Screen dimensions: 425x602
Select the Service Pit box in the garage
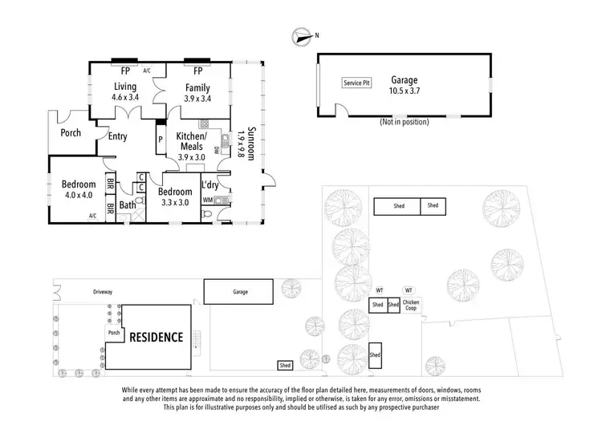[357, 83]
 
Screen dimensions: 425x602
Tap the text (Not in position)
[403, 122]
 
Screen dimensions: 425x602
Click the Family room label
[197, 87]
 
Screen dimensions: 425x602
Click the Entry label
[118, 136]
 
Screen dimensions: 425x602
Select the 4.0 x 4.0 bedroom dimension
[79, 195]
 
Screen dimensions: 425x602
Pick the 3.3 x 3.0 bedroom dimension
[174, 202]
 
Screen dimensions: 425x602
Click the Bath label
[128, 205]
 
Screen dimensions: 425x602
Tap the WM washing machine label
[208, 199]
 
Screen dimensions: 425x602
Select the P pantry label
[161, 139]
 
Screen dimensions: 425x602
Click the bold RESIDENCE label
[157, 337]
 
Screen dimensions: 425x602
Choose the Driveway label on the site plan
[102, 292]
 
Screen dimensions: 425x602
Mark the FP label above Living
[124, 70]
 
